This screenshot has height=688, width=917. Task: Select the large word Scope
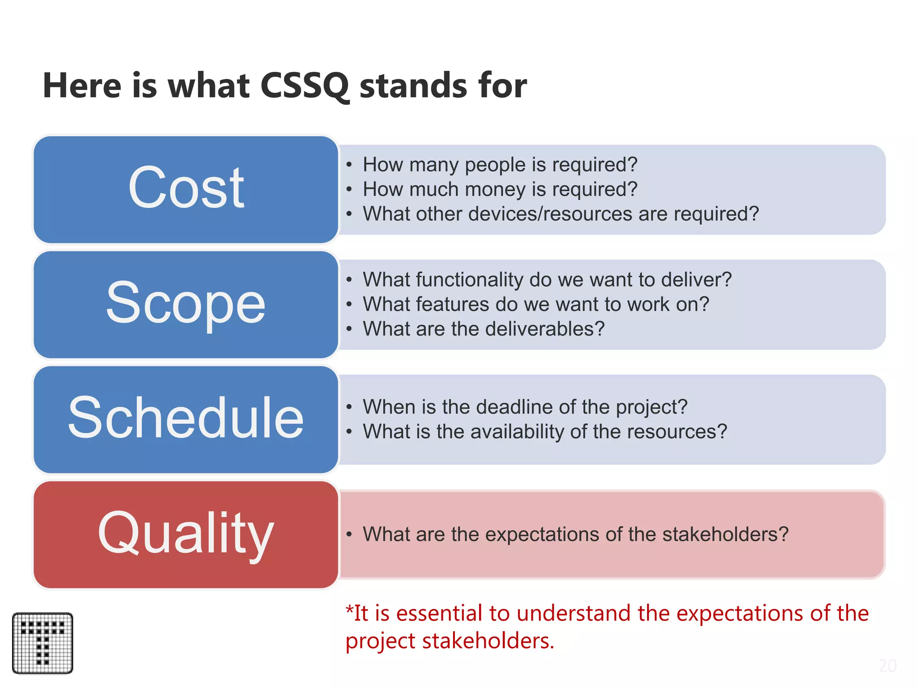186,303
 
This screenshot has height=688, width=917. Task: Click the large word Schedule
186,417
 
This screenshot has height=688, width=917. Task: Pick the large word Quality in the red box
186,533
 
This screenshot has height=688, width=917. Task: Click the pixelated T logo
43,643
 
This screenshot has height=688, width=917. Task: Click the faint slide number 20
887,666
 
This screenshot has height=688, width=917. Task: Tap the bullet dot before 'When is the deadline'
349,407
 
